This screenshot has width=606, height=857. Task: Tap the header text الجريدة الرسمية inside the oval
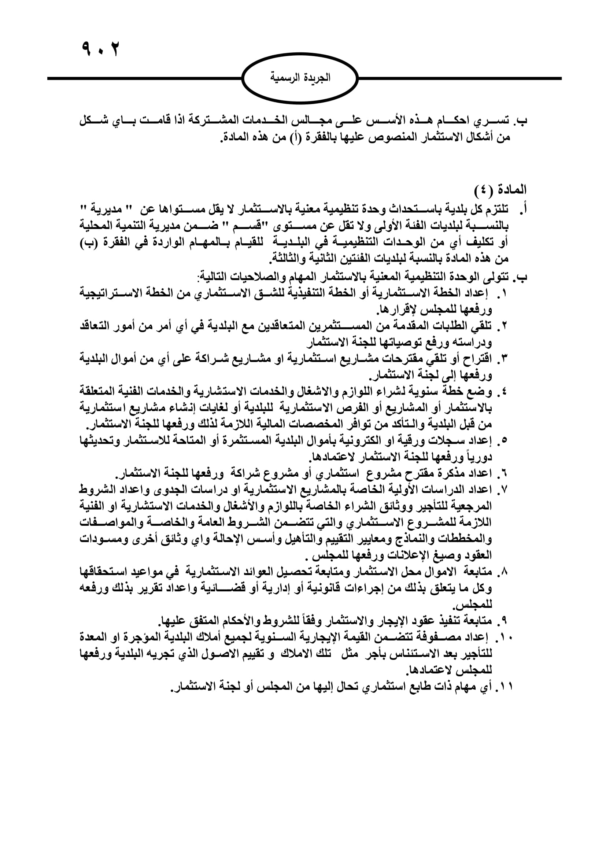(300, 78)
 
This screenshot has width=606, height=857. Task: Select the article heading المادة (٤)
(500, 190)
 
